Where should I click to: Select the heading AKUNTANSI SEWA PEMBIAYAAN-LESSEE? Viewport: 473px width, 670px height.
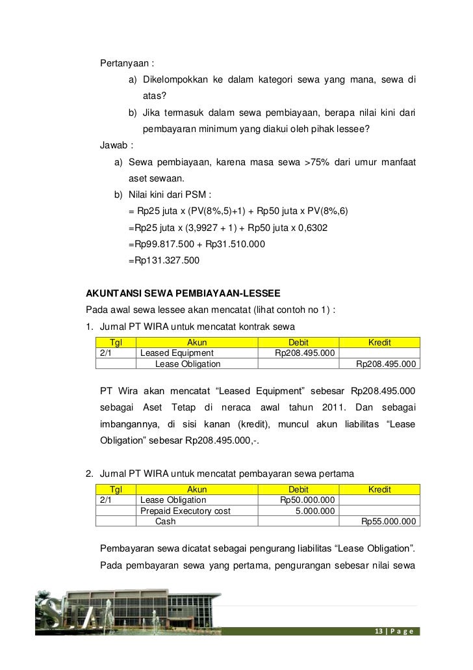184,294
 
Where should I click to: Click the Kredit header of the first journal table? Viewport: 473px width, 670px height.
379,343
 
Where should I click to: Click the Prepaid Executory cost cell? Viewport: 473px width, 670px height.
185,511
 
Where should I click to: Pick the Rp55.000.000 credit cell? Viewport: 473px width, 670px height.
388,521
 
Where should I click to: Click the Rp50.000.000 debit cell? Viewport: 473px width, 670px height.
307,500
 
